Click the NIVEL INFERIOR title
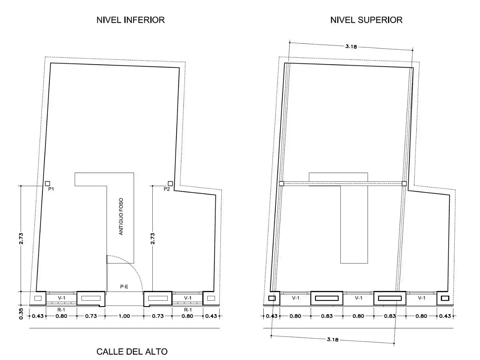131,20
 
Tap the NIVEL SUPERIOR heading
366,20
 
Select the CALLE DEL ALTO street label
132,352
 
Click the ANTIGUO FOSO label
121,216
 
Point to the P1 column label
51,189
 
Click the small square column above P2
170,184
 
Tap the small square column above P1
47,184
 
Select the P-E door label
124,287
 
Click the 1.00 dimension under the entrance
124,316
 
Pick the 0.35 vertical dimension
21,314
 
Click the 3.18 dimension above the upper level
351,46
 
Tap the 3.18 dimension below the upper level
333,339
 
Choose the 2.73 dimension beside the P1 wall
21,238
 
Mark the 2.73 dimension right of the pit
153,238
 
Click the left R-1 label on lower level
61,310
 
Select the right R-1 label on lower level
188,310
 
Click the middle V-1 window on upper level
359,298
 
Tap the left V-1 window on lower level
62,298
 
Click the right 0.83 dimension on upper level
390,316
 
